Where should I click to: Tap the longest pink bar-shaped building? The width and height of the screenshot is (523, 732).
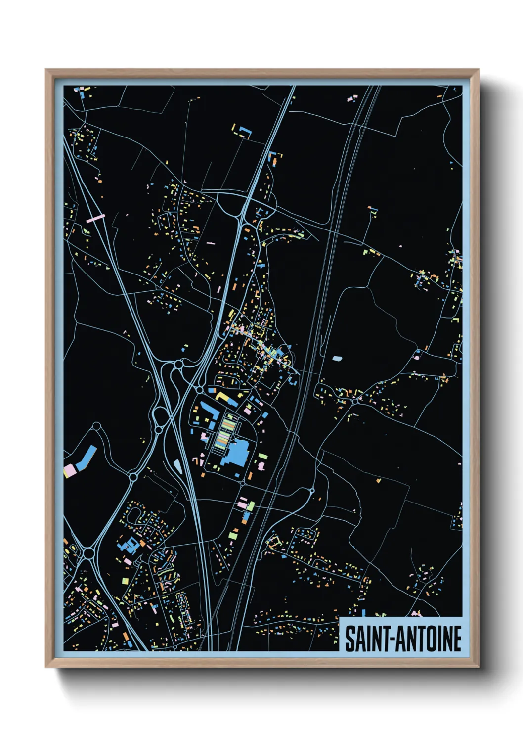95,218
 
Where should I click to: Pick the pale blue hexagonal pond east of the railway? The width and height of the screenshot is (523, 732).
337,358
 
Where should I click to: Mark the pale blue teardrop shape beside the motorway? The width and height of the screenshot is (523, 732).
177,465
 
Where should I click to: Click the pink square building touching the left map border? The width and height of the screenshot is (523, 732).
69,470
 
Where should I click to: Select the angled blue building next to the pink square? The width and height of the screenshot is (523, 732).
86,457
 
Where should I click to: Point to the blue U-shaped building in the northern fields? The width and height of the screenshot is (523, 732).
245,132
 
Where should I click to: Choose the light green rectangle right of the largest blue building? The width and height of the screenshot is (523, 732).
263,456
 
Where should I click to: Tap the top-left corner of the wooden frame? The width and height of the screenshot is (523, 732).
46,70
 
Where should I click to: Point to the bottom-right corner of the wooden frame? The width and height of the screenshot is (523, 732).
479,667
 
